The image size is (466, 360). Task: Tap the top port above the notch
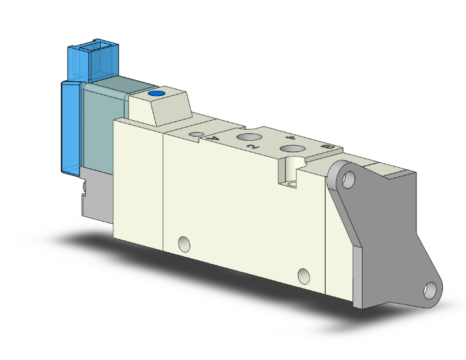click(291, 148)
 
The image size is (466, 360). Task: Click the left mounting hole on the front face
click(184, 242)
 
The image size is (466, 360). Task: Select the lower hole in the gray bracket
click(431, 290)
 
